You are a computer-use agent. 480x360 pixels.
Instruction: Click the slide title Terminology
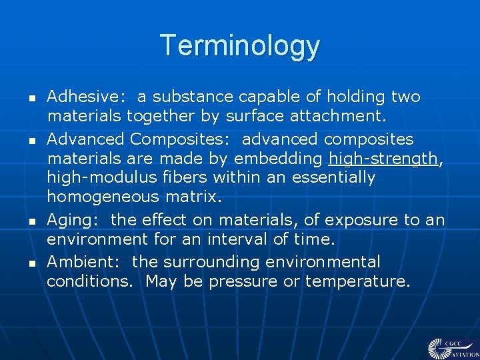(240, 45)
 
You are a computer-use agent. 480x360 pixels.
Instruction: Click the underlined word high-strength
(383, 159)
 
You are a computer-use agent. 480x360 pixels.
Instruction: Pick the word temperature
(357, 281)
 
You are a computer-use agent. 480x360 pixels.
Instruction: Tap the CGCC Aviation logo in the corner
(453, 347)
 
